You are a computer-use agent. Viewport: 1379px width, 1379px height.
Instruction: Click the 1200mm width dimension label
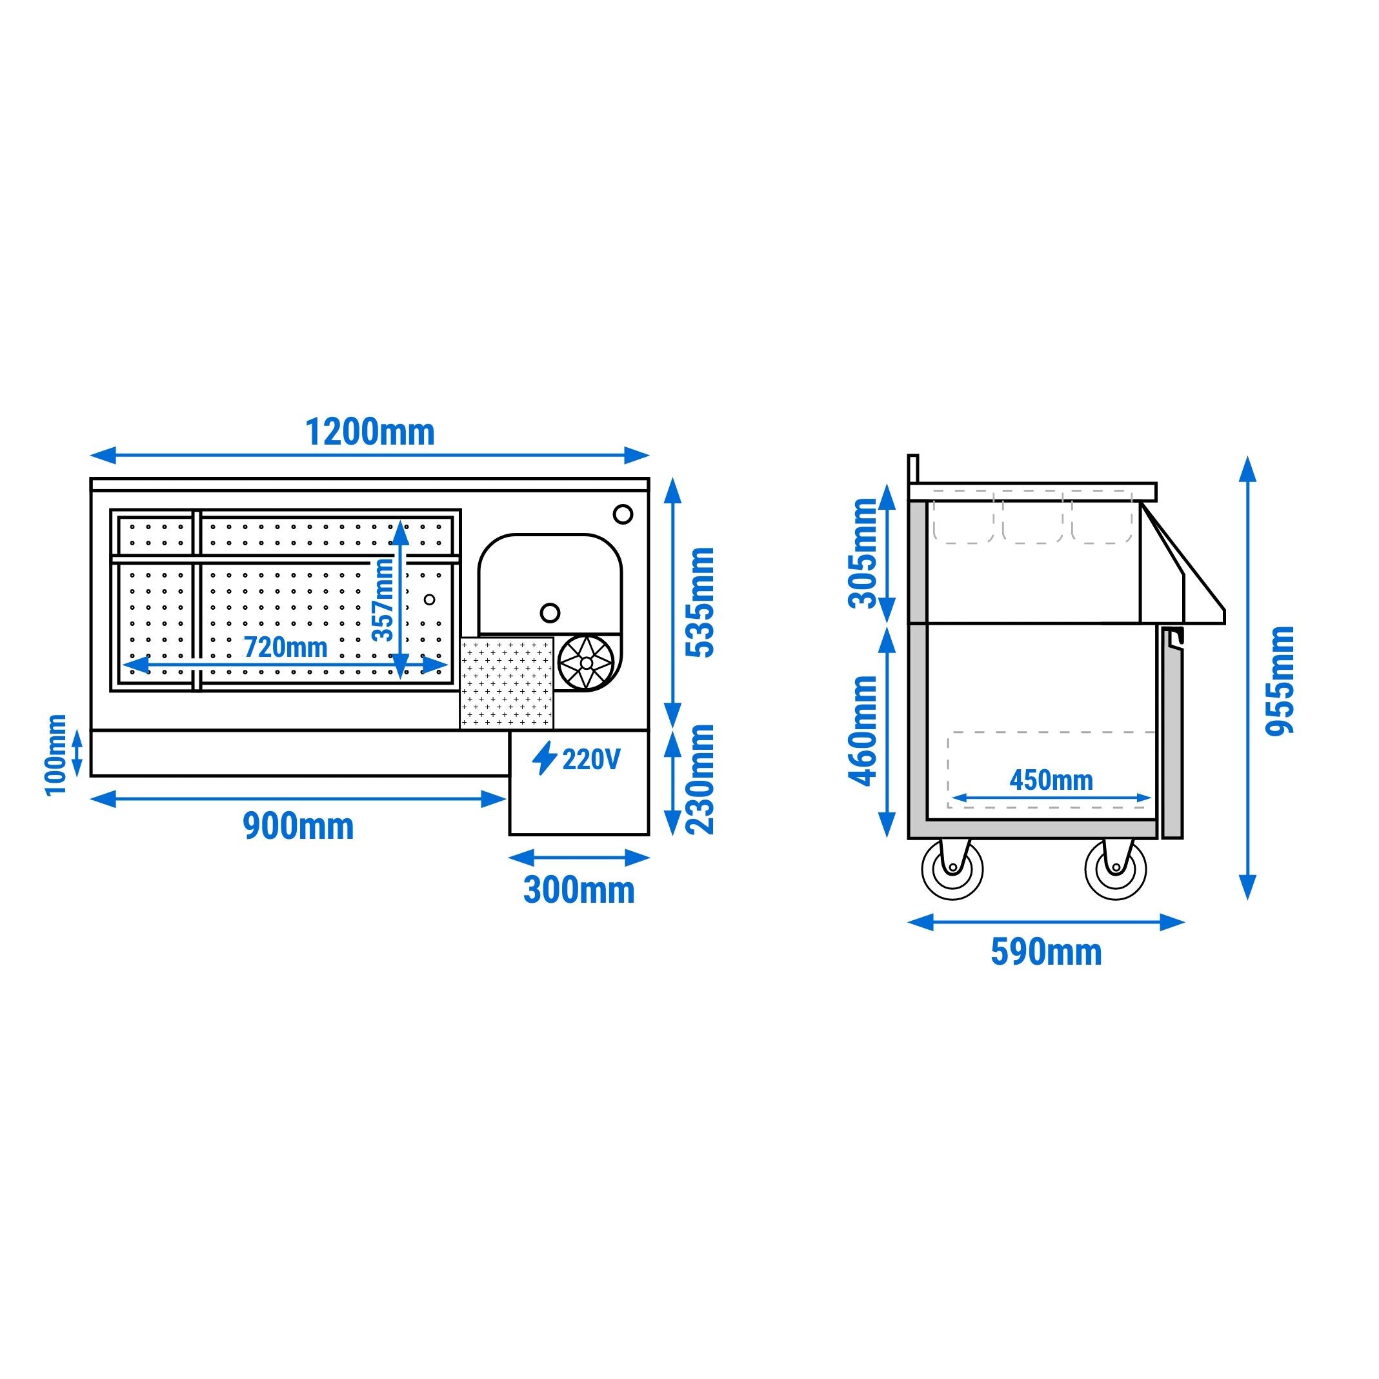tap(370, 432)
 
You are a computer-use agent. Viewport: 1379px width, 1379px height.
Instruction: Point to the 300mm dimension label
tap(579, 890)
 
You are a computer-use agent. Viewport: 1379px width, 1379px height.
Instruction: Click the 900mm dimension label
tap(298, 827)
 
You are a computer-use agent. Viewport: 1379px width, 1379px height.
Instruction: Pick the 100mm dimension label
tap(55, 755)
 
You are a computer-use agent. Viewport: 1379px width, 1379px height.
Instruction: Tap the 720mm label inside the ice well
tap(285, 647)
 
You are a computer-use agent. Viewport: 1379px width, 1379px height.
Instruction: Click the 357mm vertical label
tap(384, 600)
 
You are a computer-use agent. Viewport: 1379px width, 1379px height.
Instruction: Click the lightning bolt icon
tap(545, 758)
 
